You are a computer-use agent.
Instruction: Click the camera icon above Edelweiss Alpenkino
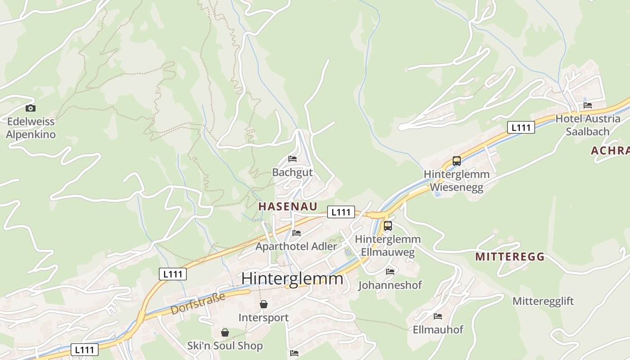31,108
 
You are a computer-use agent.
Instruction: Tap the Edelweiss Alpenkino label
31,128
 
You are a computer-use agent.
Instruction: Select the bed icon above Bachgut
292,159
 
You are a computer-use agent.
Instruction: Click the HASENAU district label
288,207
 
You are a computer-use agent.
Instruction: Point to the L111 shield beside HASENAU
341,212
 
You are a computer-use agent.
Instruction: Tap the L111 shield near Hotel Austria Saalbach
521,127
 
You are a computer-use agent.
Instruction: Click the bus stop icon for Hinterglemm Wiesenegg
457,161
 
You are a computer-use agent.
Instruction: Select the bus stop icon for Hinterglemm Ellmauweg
388,226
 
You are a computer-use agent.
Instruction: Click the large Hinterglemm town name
292,279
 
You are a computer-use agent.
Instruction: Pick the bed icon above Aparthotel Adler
297,233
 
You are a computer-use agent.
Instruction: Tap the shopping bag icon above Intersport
264,305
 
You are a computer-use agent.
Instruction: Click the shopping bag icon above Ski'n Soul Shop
225,333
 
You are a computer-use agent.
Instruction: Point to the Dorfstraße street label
198,304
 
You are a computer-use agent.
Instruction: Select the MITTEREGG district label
510,257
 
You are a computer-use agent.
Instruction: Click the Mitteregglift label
543,301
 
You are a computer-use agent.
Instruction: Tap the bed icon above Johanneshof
390,272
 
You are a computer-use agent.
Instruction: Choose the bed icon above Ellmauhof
438,316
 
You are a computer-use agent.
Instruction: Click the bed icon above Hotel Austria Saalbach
588,105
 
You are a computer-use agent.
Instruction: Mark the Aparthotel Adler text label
296,247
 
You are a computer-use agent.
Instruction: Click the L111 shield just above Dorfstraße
173,274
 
